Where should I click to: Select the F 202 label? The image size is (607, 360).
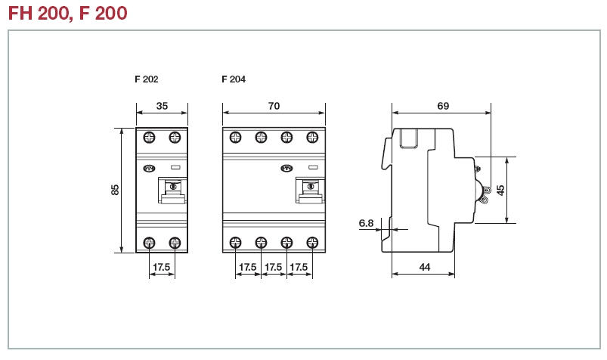tap(147, 79)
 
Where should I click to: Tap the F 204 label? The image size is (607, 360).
tap(234, 79)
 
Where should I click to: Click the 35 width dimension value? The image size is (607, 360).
tap(162, 106)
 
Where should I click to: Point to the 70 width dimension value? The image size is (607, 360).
tap(274, 106)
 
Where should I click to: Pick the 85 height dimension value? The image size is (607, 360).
tap(115, 190)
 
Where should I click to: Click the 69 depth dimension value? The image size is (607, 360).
tap(443, 106)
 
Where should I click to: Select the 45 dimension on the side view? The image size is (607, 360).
tap(500, 190)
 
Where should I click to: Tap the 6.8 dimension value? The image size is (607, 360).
tap(366, 222)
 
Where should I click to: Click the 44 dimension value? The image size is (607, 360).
tap(424, 267)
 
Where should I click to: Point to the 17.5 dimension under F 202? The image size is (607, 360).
tap(162, 267)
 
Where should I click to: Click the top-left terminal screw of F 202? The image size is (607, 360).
tap(150, 137)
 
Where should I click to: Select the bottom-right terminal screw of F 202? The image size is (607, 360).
tap(175, 242)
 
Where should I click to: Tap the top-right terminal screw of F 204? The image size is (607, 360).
tap(311, 137)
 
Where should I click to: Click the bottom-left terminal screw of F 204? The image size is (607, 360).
tap(236, 242)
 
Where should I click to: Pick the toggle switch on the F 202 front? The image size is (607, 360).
tap(173, 190)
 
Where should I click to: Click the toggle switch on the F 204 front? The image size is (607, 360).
tap(308, 190)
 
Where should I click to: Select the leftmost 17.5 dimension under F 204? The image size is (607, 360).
tap(248, 267)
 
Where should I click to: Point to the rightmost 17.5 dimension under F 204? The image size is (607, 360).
tap(299, 267)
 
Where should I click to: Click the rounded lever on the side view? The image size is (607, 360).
tap(480, 190)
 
